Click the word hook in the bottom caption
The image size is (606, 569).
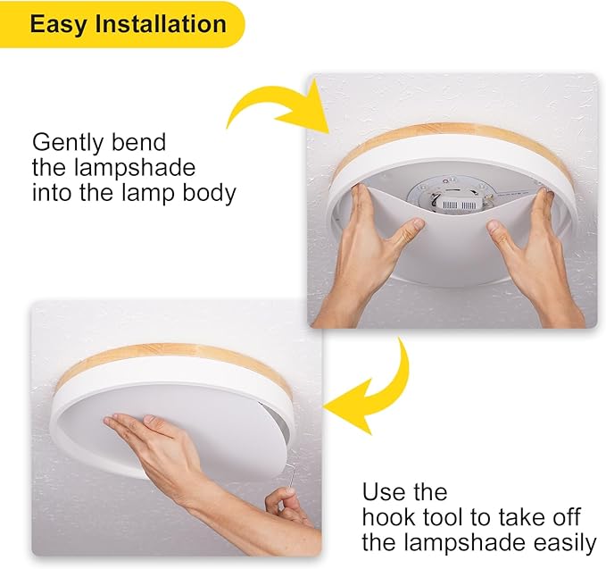pos(389,517)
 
